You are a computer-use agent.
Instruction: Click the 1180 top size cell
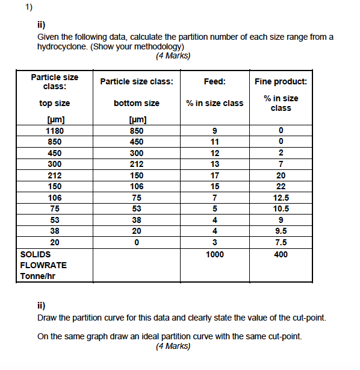tap(55, 131)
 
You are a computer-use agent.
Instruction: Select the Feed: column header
tap(215, 82)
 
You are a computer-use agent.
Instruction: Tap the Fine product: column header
tap(281, 82)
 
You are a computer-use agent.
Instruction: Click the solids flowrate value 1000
tap(215, 254)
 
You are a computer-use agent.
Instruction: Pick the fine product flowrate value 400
tap(281, 254)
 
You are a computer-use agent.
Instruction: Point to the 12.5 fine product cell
tap(281, 198)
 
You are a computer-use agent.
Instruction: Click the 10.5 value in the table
tap(281, 209)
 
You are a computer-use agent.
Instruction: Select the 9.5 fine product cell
tap(281, 231)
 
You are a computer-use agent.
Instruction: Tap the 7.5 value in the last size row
tap(281, 243)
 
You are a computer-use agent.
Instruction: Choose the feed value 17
tap(215, 175)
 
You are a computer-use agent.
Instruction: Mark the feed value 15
tap(215, 187)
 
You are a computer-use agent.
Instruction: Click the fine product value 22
tap(281, 187)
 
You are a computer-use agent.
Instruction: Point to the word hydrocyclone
tap(61, 46)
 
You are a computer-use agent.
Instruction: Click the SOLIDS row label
tap(31, 254)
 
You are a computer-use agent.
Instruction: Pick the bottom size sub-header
tap(137, 104)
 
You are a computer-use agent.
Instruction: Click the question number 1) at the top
tap(28, 8)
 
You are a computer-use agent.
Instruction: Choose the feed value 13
tap(215, 165)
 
